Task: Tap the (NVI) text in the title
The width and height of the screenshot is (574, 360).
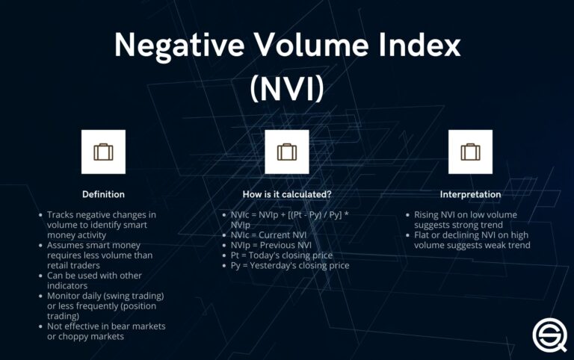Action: (x=287, y=89)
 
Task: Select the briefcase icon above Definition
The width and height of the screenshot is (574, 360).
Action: (x=104, y=152)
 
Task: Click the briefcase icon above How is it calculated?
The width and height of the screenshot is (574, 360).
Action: (x=287, y=152)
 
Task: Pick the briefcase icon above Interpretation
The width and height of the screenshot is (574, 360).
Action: (x=470, y=152)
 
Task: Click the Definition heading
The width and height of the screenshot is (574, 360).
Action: (x=104, y=194)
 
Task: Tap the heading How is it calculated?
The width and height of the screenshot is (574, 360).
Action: (x=287, y=194)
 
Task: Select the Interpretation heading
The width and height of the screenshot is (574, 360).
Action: (x=470, y=194)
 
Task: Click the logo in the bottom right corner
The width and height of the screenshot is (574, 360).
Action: (x=549, y=333)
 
